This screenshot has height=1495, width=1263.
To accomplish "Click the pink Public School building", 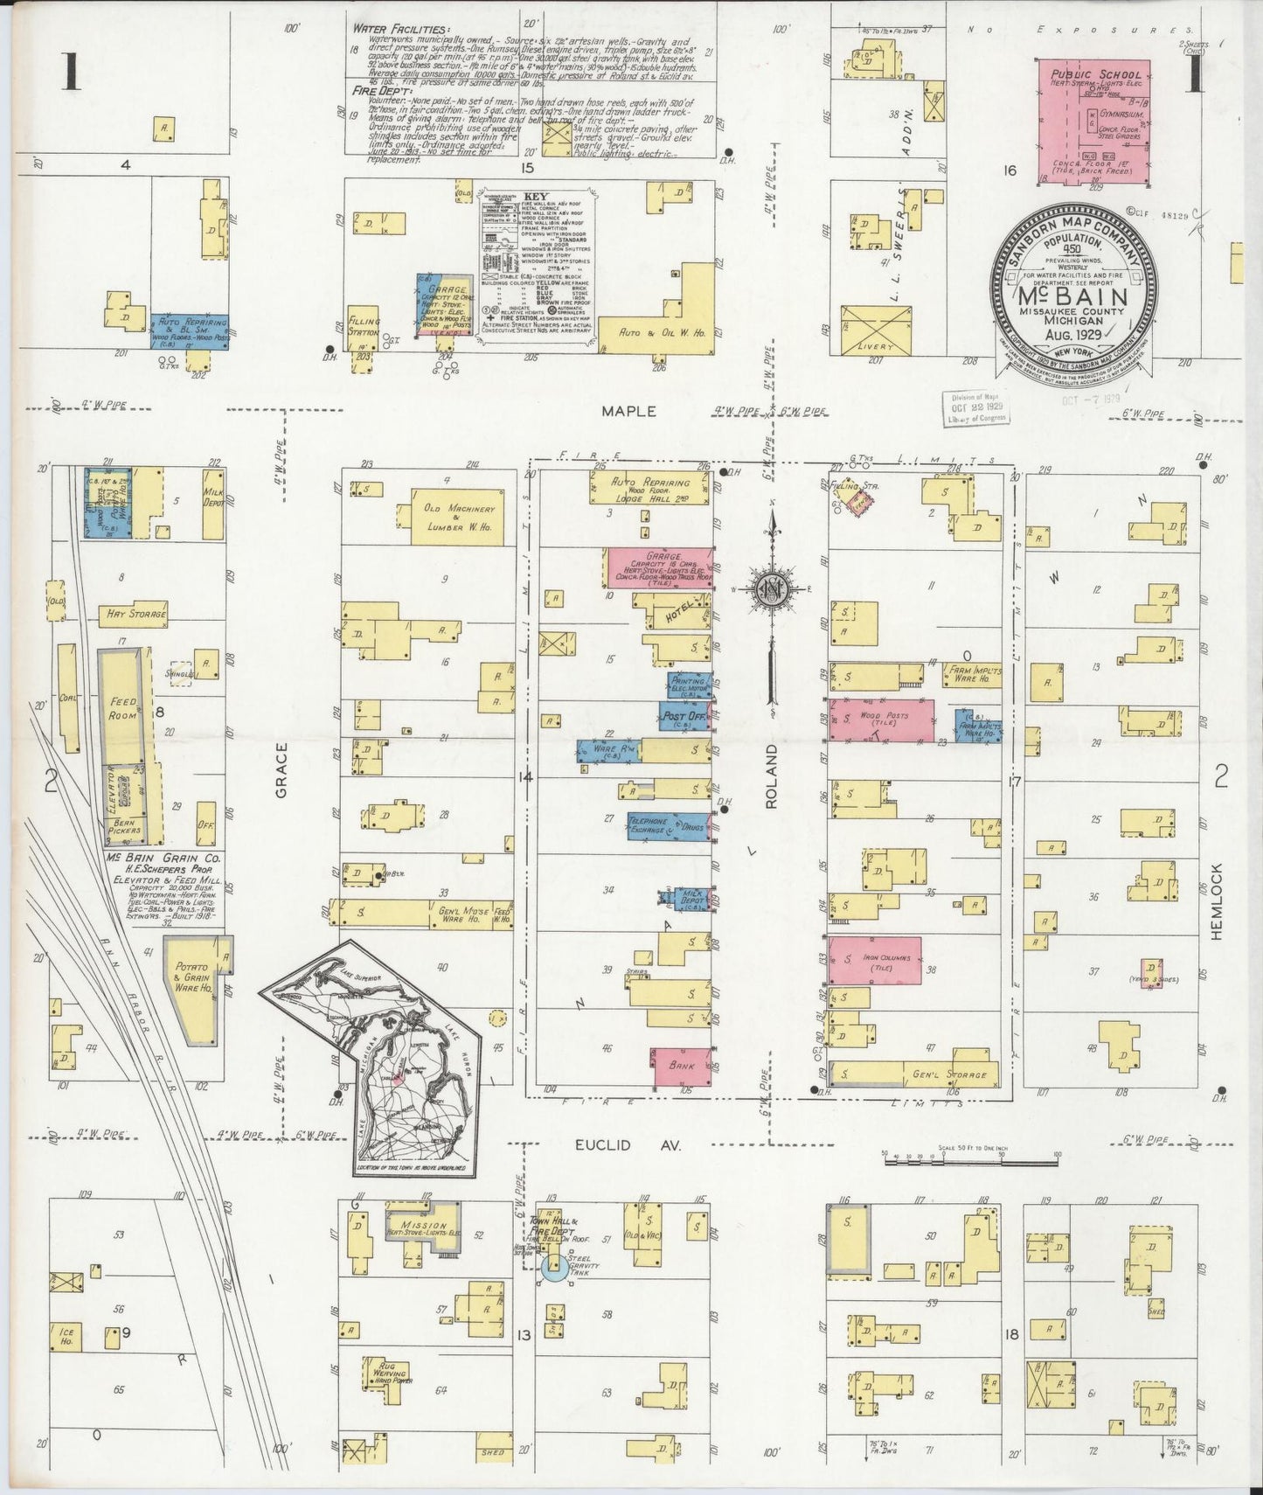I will point(1093,122).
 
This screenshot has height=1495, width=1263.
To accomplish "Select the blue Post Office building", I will point(684,716).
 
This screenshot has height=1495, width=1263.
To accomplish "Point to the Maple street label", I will point(628,410).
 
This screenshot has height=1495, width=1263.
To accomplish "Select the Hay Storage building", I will point(135,614).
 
